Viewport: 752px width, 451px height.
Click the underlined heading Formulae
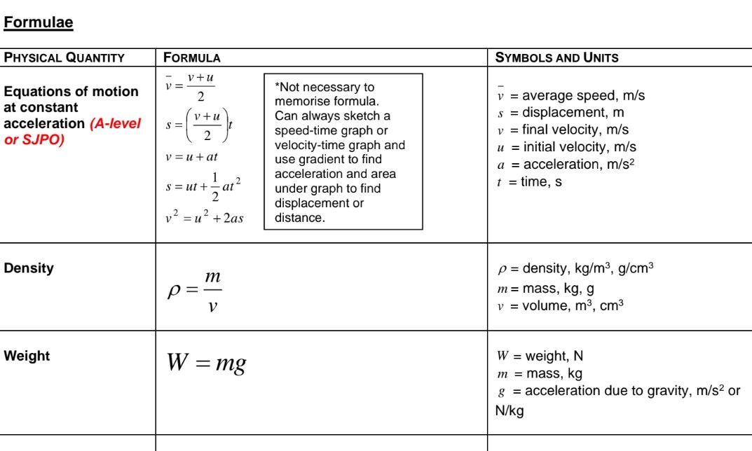point(39,23)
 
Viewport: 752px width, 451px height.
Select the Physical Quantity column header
point(64,58)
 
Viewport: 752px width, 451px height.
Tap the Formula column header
point(191,58)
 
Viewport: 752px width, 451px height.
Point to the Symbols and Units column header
point(556,58)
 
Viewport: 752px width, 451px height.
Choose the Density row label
point(29,268)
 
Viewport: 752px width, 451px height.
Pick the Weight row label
point(27,356)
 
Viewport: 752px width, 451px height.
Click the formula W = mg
point(205,363)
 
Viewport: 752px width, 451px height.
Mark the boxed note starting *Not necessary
point(343,152)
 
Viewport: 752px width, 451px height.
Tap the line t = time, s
point(528,182)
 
